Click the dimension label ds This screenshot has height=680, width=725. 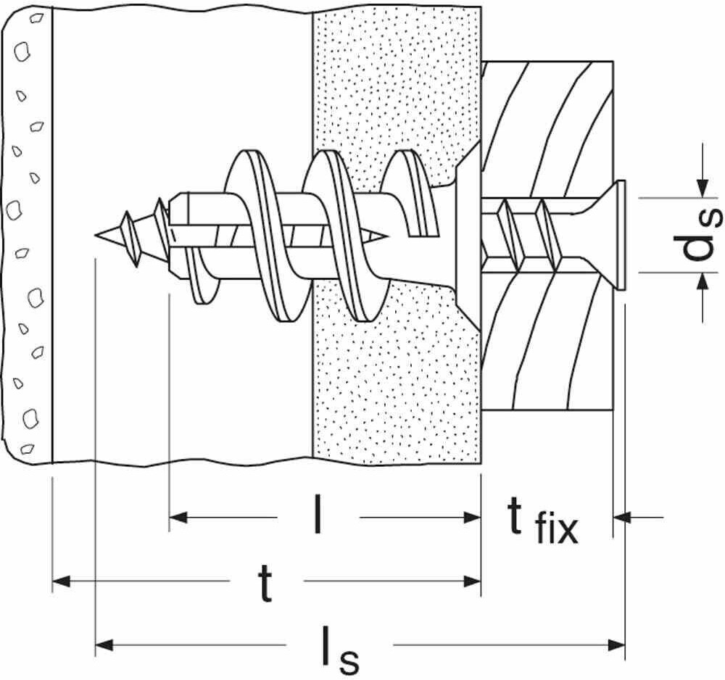[x=698, y=236]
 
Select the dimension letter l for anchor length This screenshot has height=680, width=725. [x=318, y=514]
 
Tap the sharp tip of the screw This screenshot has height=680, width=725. [x=96, y=235]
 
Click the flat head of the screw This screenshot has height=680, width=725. [x=621, y=235]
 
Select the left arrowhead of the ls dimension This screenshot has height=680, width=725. [x=104, y=644]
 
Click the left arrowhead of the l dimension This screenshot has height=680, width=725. [x=178, y=517]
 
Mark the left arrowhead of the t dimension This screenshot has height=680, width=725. [x=61, y=581]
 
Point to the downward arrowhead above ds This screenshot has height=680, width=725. [x=703, y=188]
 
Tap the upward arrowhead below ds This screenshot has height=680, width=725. [x=703, y=281]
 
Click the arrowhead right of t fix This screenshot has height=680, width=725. [x=622, y=517]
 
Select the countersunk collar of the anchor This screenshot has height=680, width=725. [x=468, y=235]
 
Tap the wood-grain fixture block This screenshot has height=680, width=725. [x=547, y=235]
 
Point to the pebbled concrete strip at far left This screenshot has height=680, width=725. [x=27, y=235]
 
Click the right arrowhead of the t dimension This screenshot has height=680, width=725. [x=473, y=581]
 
